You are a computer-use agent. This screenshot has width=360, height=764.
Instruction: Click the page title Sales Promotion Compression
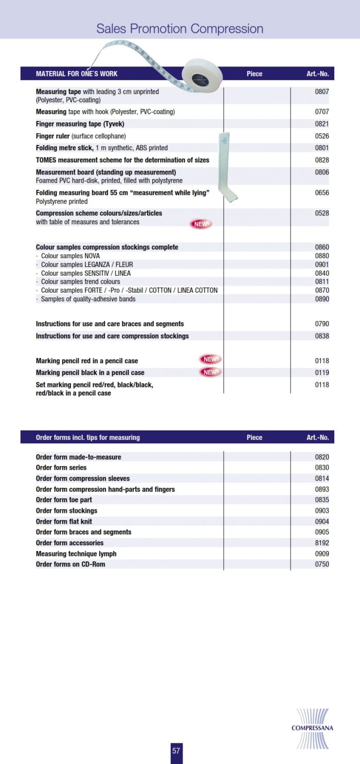[x=180, y=29]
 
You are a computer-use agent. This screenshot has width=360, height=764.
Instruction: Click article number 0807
[x=322, y=92]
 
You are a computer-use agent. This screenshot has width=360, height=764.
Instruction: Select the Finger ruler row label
[x=81, y=136]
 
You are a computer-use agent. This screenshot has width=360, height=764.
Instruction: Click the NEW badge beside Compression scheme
[x=201, y=224]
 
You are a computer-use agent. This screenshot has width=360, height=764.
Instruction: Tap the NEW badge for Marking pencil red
[x=210, y=360]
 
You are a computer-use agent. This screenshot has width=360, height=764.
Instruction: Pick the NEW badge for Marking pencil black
[x=210, y=372]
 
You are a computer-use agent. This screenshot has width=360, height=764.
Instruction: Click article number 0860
[x=322, y=247]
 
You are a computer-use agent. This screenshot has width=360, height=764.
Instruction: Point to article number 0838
[x=322, y=336]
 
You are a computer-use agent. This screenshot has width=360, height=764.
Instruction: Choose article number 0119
[x=322, y=372]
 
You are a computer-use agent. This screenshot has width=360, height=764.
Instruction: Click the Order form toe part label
[x=64, y=500]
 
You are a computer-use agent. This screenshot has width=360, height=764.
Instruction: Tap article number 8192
[x=322, y=543]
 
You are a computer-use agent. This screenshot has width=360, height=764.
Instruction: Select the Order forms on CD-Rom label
[x=70, y=564]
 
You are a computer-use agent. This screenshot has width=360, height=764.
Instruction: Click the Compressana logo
[x=312, y=728]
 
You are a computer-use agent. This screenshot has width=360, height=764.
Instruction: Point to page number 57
[x=176, y=751]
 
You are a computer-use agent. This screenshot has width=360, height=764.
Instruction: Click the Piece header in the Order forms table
[x=254, y=437]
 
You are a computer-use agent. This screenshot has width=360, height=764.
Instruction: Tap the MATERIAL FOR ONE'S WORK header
[x=77, y=74]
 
